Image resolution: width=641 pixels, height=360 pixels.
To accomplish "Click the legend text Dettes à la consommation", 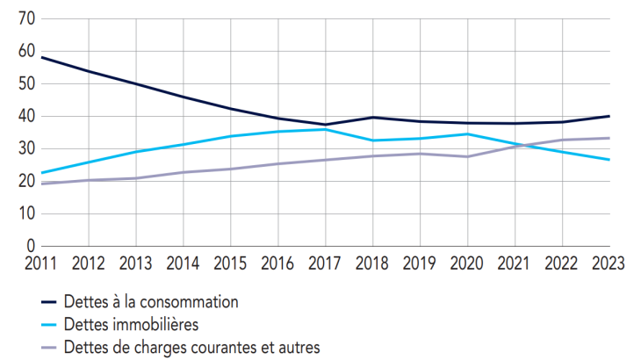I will click(x=151, y=302).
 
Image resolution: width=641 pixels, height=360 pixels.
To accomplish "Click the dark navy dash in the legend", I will click(x=50, y=303).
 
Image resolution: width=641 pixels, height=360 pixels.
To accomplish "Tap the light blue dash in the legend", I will click(x=50, y=326).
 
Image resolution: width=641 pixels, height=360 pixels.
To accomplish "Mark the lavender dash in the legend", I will click(x=50, y=349).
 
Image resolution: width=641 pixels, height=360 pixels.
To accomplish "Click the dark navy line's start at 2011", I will click(x=41, y=57).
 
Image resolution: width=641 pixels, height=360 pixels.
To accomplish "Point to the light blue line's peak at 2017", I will click(x=326, y=129).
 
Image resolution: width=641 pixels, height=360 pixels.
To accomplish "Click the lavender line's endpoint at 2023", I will click(x=609, y=138).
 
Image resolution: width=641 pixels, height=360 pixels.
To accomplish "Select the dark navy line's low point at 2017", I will click(x=326, y=125).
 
